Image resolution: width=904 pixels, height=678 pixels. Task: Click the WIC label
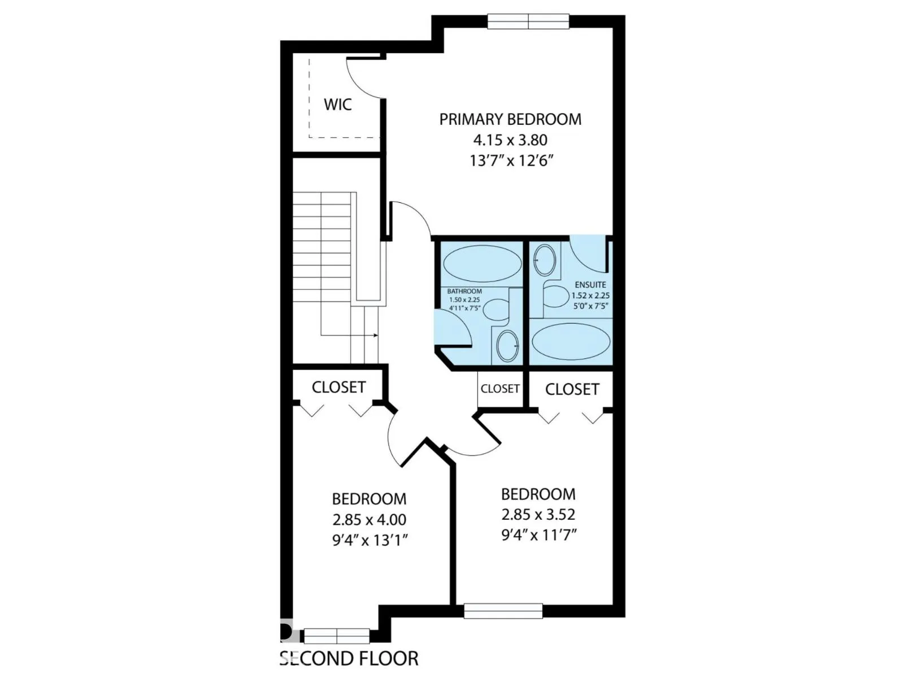click(x=337, y=105)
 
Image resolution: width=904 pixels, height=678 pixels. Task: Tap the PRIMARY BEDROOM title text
click(x=510, y=119)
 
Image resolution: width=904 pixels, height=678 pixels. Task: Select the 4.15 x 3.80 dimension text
click(x=510, y=140)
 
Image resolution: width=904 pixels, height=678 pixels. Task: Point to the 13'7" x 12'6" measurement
click(x=510, y=160)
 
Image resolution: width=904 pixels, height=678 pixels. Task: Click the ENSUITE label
click(x=590, y=285)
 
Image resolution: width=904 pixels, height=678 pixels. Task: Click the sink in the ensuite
click(x=545, y=260)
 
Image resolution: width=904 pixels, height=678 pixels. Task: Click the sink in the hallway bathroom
click(x=508, y=346)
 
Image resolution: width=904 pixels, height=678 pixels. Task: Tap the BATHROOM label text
click(x=464, y=292)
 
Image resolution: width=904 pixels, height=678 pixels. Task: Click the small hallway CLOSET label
click(x=500, y=389)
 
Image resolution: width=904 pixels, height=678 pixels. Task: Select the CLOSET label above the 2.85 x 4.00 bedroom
click(x=338, y=388)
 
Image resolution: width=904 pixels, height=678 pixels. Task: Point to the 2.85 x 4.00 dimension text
click(x=369, y=519)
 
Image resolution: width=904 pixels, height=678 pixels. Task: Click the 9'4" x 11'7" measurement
click(x=538, y=535)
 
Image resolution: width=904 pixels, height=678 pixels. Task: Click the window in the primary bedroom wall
click(x=528, y=21)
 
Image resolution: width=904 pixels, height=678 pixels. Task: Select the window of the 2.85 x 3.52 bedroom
click(x=503, y=611)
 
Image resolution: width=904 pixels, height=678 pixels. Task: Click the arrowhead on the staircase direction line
click(x=376, y=336)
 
